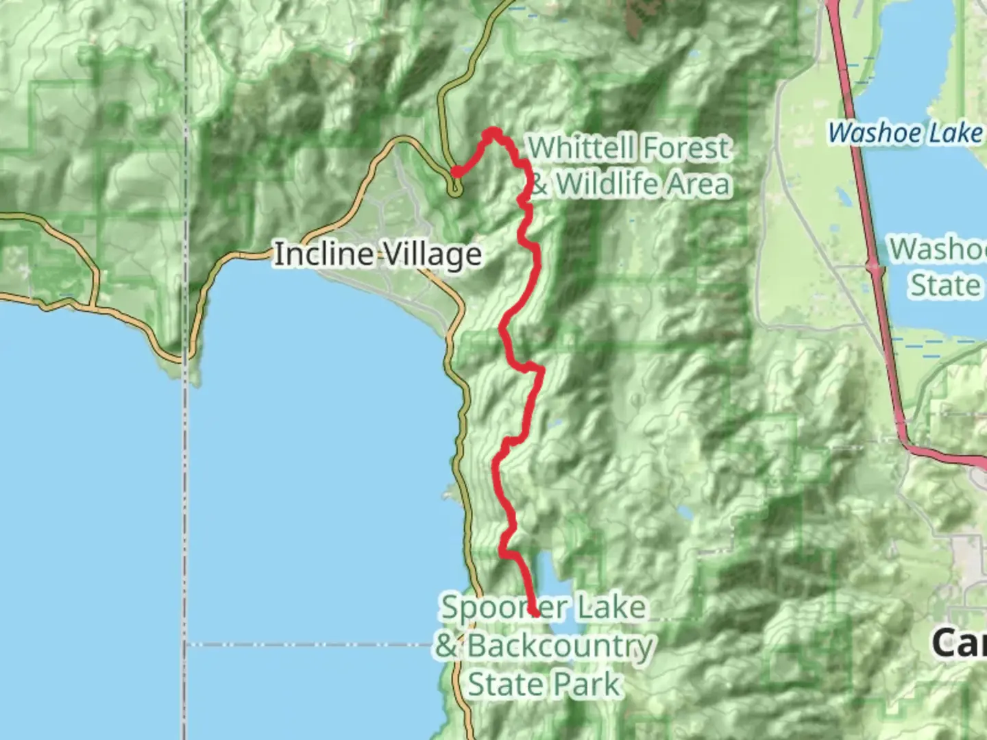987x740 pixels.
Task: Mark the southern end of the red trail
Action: pos(535,614)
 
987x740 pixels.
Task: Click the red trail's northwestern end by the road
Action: pos(454,173)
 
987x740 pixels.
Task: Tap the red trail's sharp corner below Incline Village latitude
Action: pos(541,371)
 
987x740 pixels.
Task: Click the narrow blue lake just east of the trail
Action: pos(545,576)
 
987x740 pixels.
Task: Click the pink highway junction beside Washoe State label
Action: pos(873,267)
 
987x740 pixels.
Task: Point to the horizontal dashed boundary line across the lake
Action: pos(308,644)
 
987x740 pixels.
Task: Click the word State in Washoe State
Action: pos(945,285)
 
